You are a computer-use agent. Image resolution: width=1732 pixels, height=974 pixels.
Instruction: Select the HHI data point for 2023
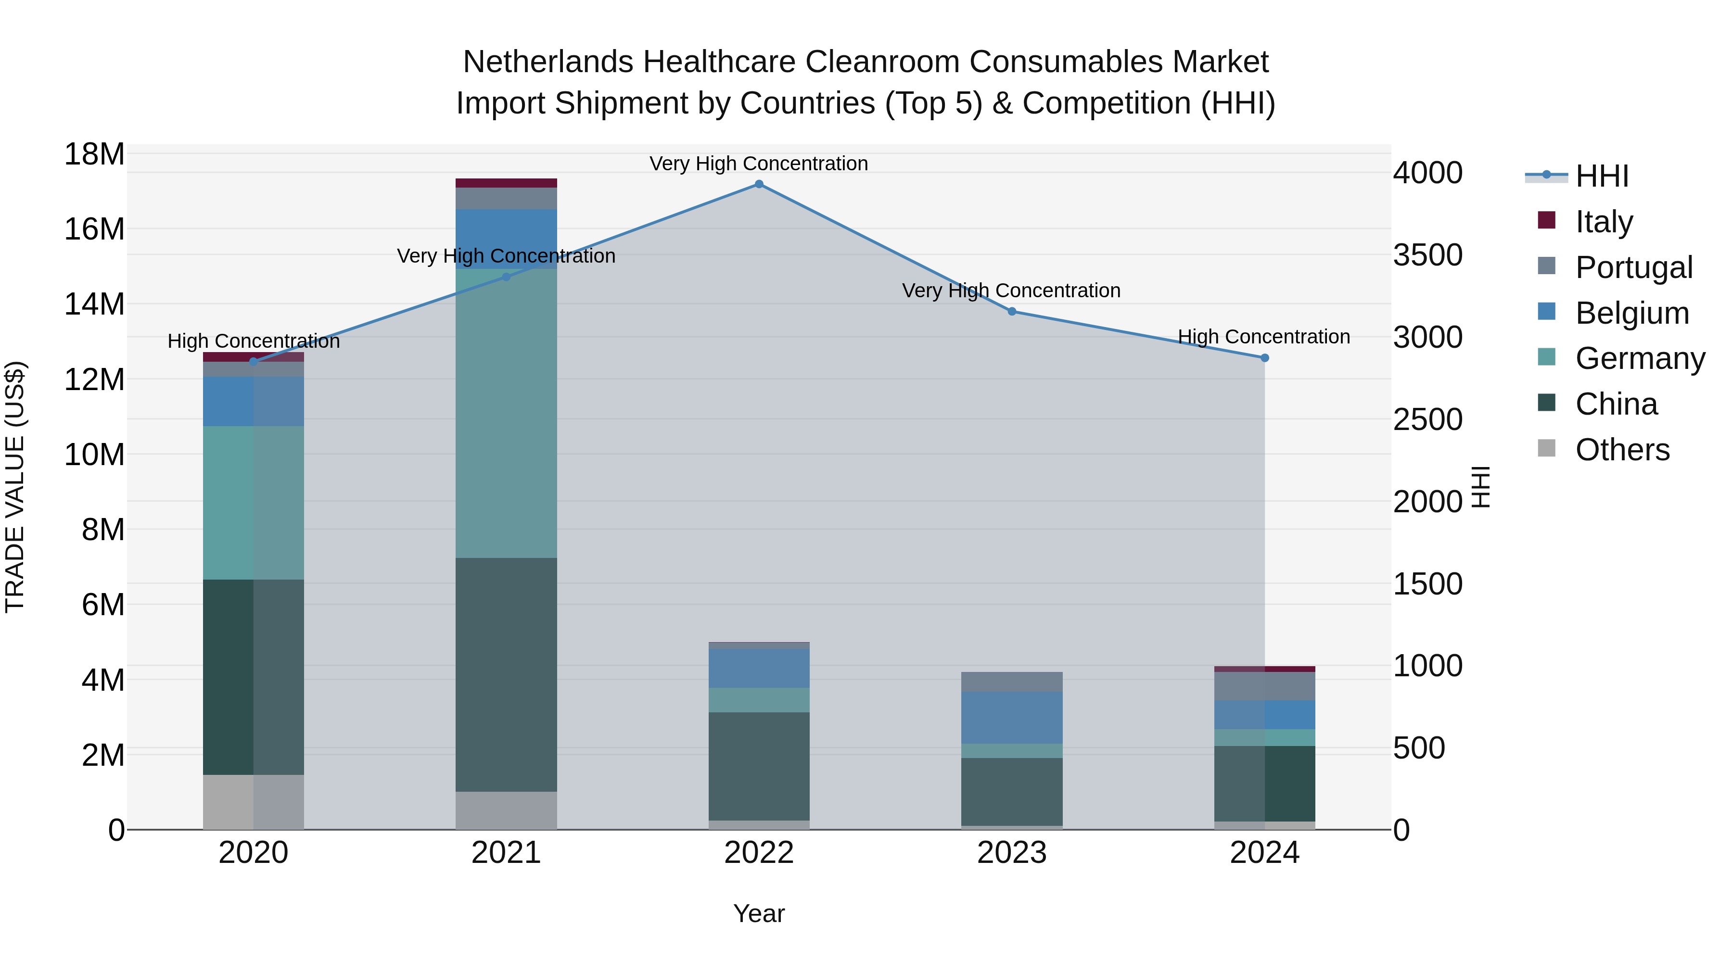tap(1012, 311)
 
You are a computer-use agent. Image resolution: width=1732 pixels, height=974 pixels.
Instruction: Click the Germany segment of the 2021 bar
tap(506, 413)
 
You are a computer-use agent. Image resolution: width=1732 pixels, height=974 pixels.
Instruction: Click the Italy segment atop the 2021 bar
tap(506, 183)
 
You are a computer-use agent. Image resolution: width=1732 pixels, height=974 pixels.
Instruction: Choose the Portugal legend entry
tap(1633, 267)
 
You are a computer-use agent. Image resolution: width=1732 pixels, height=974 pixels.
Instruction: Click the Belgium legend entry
tap(1632, 313)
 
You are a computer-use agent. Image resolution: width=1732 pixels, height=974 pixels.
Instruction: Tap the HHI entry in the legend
tap(1602, 176)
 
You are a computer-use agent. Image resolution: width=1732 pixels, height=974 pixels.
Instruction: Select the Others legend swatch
tap(1546, 448)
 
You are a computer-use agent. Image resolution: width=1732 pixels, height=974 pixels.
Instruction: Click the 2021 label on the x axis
tap(506, 853)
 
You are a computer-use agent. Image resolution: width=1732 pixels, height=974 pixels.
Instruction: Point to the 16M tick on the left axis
tap(94, 229)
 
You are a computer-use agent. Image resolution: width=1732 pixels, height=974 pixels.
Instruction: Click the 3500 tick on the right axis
tap(1427, 255)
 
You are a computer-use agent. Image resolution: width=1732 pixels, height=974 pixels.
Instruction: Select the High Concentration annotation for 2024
tap(1263, 337)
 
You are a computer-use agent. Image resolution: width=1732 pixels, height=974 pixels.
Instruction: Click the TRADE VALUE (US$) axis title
tap(15, 487)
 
